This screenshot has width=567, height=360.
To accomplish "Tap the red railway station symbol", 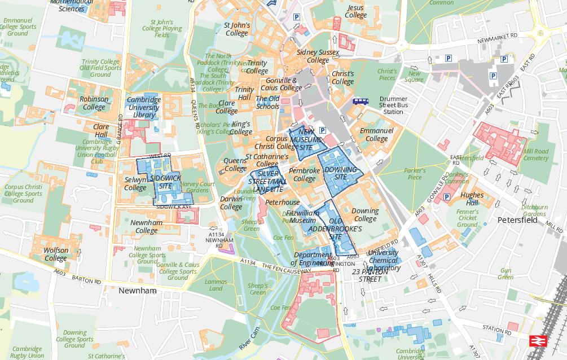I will (x=535, y=341).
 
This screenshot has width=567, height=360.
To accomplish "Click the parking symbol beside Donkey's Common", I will (x=447, y=197).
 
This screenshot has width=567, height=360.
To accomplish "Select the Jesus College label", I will (x=355, y=11).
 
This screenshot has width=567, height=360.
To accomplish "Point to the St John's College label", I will (x=236, y=29).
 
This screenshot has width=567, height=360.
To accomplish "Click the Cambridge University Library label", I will (x=144, y=107).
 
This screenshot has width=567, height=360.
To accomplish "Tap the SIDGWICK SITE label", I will (x=165, y=182).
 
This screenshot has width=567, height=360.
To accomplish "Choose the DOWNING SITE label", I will (x=341, y=173).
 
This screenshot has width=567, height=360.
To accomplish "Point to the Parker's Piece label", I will (x=415, y=174).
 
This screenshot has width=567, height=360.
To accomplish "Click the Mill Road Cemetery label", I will (x=535, y=155).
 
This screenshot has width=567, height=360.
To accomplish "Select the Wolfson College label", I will (x=56, y=254).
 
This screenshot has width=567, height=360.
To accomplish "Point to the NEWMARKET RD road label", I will (x=497, y=36).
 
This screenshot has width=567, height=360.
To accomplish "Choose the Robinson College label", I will (x=94, y=103).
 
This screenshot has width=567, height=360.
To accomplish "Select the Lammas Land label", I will (x=216, y=285).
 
